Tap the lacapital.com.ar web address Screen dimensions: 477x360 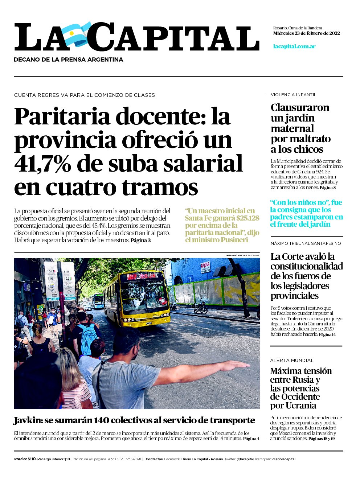click(294, 46)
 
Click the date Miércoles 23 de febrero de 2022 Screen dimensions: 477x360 click(306, 33)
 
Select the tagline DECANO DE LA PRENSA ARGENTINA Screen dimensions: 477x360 click(69, 59)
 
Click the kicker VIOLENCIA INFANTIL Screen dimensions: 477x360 click(293, 95)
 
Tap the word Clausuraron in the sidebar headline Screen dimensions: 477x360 click(300, 108)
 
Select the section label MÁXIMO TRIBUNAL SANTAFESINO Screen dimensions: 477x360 click(306, 243)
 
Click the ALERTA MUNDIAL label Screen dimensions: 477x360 click(292, 360)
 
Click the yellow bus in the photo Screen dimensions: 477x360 click(137, 298)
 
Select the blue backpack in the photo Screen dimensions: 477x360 click(89, 340)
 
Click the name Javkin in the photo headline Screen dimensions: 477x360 click(28, 420)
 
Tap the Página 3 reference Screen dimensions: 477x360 click(140, 240)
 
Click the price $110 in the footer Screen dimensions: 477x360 click(32, 459)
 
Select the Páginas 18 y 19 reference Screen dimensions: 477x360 click(322, 439)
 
